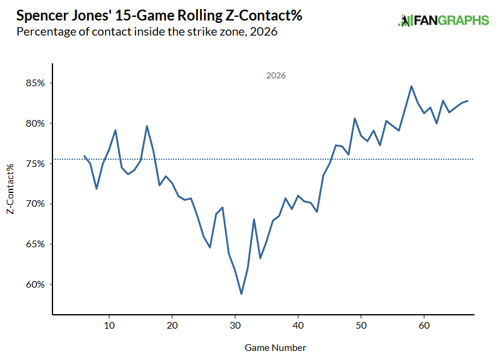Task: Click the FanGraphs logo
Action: point(444,21)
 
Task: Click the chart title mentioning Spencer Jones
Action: point(159,16)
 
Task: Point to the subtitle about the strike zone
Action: point(147,32)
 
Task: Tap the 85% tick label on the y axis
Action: point(35,83)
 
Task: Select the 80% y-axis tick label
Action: point(35,124)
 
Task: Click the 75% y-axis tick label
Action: point(35,164)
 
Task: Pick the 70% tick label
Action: point(35,204)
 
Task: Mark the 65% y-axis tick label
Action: point(35,244)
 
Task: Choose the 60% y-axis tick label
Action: point(35,285)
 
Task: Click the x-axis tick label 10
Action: point(109,326)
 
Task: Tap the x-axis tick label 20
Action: point(172,326)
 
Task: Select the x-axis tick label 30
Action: point(235,326)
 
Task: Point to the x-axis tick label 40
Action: point(298,326)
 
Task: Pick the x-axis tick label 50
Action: point(361,326)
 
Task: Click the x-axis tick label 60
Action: point(424,326)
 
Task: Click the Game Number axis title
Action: point(276,348)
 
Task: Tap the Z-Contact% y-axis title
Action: point(10,189)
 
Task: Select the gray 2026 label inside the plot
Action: point(276,75)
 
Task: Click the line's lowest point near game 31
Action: point(241,294)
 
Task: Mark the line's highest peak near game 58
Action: point(411,86)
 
